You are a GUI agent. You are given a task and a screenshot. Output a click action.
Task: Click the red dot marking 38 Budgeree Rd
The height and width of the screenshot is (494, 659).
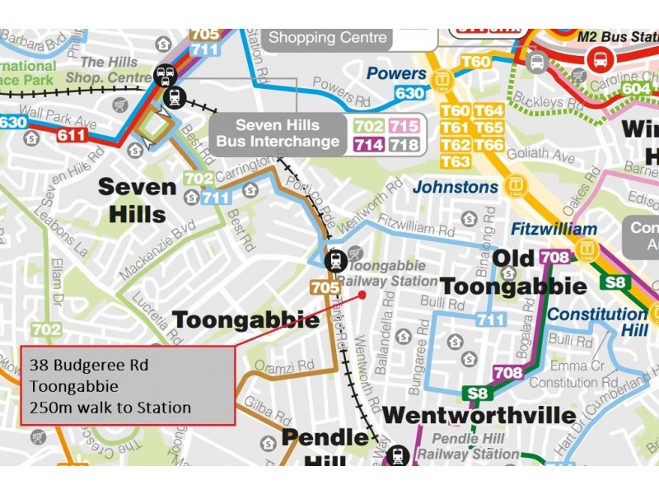pyautogui.click(x=362, y=294)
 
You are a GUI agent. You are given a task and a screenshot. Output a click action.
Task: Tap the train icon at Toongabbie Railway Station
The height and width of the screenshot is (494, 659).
pyautogui.click(x=335, y=261)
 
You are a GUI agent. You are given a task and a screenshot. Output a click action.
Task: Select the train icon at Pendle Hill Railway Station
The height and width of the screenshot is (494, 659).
pyautogui.click(x=399, y=455)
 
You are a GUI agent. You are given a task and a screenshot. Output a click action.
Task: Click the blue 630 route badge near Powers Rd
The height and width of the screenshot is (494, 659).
pyautogui.click(x=409, y=94)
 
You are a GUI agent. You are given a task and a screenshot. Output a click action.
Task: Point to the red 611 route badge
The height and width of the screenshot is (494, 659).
pyautogui.click(x=72, y=134)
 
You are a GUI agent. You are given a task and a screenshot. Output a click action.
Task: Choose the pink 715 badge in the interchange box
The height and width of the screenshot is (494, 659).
pyautogui.click(x=404, y=126)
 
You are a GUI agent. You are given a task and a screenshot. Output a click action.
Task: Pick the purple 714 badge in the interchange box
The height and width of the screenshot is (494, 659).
pyautogui.click(x=368, y=145)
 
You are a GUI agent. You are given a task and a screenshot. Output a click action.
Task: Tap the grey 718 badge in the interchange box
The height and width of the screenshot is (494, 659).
pyautogui.click(x=404, y=145)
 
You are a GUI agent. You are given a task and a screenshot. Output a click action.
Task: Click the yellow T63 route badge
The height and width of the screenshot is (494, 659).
pyautogui.click(x=456, y=161)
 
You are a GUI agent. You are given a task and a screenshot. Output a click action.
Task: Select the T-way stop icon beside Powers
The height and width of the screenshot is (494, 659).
pyautogui.click(x=442, y=80)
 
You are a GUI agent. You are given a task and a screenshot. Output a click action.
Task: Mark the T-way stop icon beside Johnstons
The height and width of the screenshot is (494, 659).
pyautogui.click(x=516, y=186)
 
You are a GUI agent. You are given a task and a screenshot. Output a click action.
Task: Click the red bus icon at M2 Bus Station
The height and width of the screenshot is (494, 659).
pyautogui.click(x=600, y=59)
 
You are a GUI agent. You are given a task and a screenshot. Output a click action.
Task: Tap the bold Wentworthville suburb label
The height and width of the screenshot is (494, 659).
pyautogui.click(x=479, y=415)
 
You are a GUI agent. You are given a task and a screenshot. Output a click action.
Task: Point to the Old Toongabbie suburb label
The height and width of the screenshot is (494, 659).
pyautogui.click(x=513, y=274)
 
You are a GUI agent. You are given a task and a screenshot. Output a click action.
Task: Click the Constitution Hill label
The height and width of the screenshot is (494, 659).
pyautogui.click(x=597, y=322)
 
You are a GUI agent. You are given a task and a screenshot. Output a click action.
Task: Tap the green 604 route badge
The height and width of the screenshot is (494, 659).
pyautogui.click(x=635, y=89)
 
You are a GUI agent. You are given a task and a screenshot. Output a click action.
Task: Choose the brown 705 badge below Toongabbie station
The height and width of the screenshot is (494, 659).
pyautogui.click(x=325, y=287)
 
